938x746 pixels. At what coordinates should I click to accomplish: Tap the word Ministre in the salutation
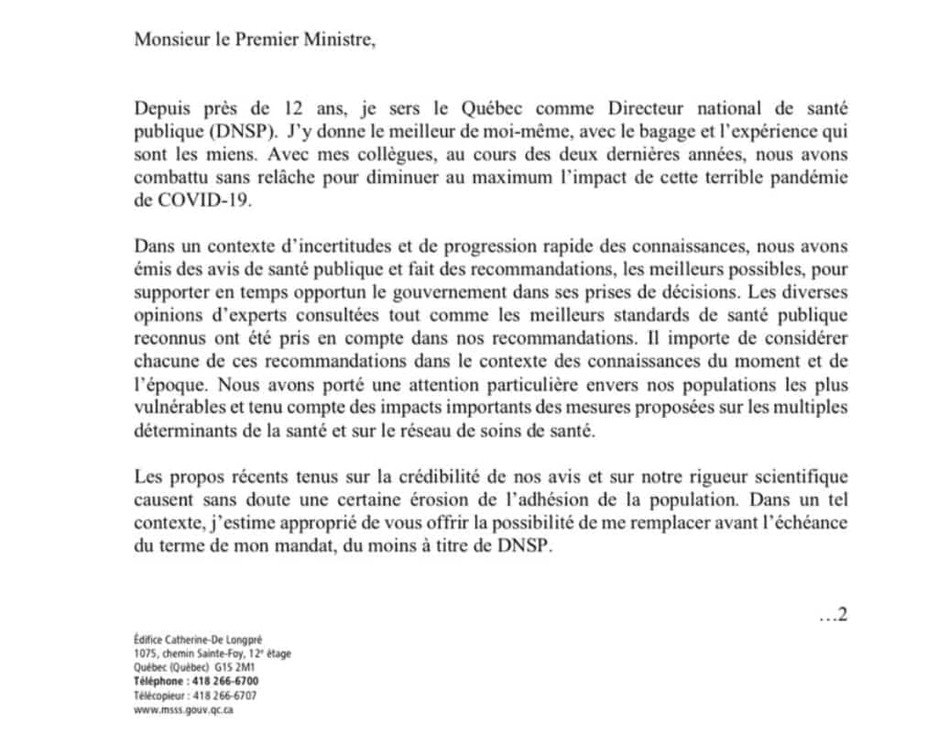[343, 40]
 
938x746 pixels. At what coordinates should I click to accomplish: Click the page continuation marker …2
[832, 614]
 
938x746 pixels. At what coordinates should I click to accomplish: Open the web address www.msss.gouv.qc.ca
[183, 709]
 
